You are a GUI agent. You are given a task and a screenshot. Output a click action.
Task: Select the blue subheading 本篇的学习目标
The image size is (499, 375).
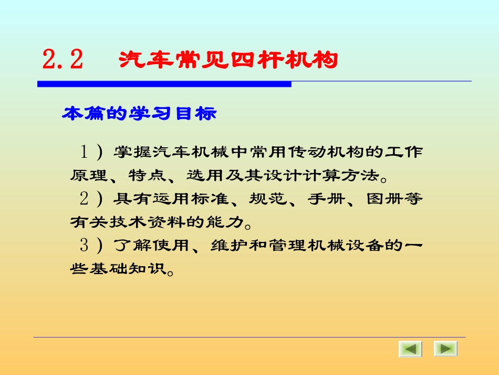[139, 114]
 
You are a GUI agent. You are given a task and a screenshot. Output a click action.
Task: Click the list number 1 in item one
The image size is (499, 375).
[84, 152]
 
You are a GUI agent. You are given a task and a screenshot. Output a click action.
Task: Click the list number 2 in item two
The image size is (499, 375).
[84, 199]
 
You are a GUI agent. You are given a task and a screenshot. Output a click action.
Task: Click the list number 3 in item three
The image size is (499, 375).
[84, 246]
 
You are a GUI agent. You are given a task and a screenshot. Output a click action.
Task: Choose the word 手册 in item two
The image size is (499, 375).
[324, 199]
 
